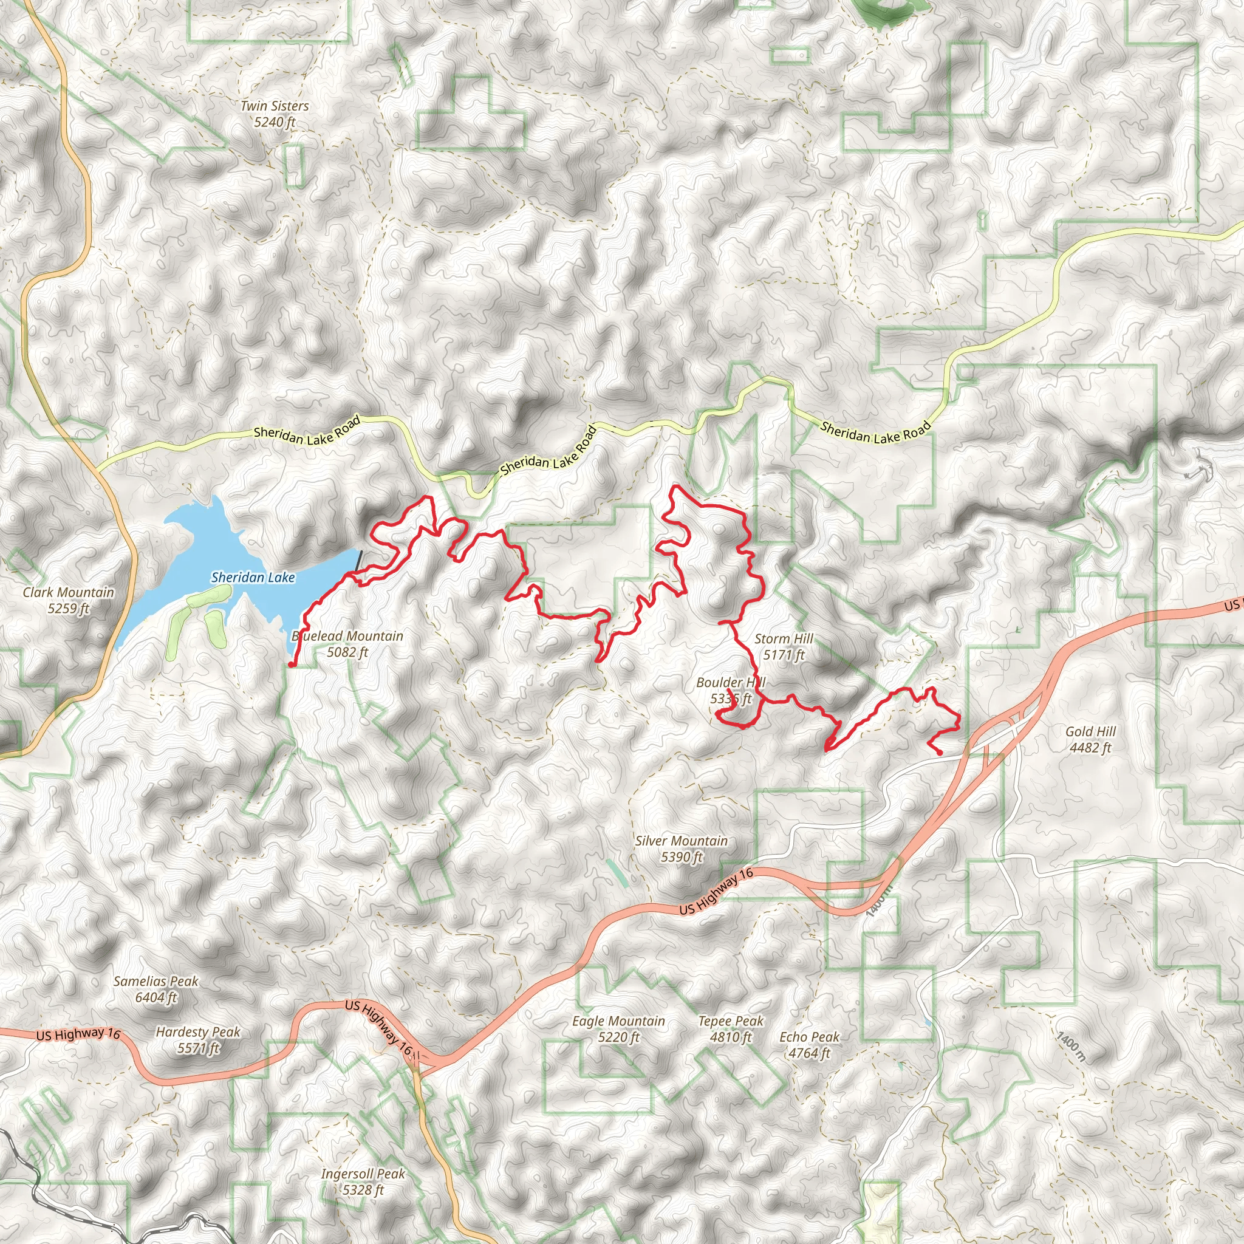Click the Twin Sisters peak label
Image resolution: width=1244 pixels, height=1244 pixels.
(275, 114)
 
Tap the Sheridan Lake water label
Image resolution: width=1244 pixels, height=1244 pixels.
(253, 578)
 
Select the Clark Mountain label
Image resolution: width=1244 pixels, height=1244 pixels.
(68, 600)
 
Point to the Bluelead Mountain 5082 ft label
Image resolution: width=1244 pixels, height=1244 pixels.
(347, 644)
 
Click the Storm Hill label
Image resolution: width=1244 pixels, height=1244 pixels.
(784, 646)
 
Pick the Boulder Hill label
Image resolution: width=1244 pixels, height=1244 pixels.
(731, 690)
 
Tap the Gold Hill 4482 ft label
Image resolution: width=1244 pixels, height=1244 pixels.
(1090, 739)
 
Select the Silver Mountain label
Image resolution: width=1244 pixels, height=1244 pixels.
(682, 849)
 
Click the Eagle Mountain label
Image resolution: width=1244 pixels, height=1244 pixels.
(618, 1029)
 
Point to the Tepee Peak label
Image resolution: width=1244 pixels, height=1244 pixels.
(731, 1029)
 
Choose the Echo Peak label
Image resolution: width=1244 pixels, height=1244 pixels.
(809, 1045)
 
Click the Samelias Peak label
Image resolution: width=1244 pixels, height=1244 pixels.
(156, 989)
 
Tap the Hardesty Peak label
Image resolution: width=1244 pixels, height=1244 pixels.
(197, 1040)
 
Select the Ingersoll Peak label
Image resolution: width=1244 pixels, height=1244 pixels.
(363, 1181)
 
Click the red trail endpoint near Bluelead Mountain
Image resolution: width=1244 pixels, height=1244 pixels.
(291, 665)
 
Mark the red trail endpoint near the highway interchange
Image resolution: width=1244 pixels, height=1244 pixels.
(940, 752)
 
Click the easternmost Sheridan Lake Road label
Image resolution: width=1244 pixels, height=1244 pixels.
(875, 432)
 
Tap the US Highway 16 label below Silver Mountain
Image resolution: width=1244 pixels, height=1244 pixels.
(716, 891)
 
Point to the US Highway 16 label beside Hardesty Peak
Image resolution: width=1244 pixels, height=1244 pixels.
(78, 1034)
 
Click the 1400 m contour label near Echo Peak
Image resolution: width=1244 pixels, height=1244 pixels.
(1070, 1047)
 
